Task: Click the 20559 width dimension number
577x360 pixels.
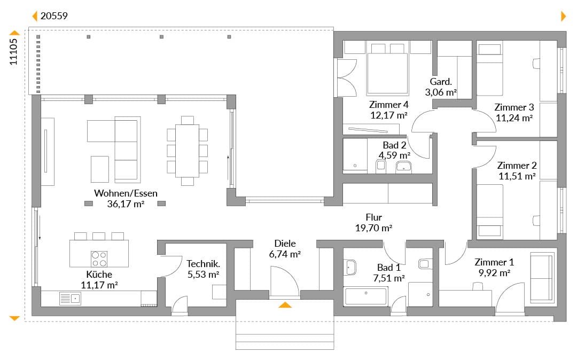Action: tap(54, 16)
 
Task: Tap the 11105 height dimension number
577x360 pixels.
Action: tap(13, 52)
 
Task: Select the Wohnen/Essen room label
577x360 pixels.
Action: tap(126, 193)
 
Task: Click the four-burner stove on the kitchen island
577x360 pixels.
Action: tap(99, 259)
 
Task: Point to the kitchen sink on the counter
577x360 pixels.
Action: tap(70, 298)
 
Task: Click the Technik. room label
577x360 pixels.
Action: tap(203, 264)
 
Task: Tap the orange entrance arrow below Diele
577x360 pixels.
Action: tap(285, 304)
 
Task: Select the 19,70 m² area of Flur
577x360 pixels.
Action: tap(373, 228)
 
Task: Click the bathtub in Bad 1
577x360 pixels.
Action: tap(366, 296)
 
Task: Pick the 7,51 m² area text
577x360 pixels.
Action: tap(389, 278)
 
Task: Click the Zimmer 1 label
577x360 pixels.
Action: tap(494, 262)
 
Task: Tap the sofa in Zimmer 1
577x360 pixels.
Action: tap(542, 278)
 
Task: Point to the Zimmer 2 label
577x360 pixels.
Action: tap(517, 166)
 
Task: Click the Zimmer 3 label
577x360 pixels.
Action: tap(514, 107)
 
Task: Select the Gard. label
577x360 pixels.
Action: tap(440, 82)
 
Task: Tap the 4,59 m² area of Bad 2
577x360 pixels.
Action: tap(394, 155)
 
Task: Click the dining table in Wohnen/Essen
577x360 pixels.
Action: tap(188, 151)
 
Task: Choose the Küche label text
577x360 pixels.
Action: tap(99, 275)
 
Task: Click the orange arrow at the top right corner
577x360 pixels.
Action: tap(564, 16)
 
